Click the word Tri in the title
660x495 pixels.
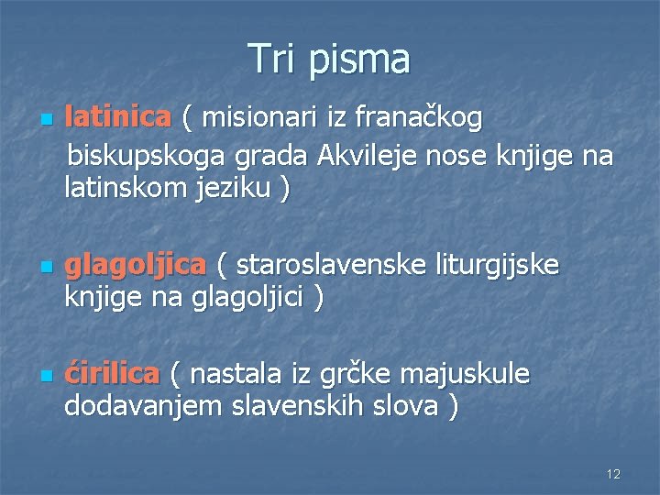[271, 60]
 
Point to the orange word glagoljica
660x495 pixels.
[136, 266]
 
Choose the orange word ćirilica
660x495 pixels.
[112, 374]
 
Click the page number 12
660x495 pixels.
[613, 474]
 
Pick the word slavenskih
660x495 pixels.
[294, 406]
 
